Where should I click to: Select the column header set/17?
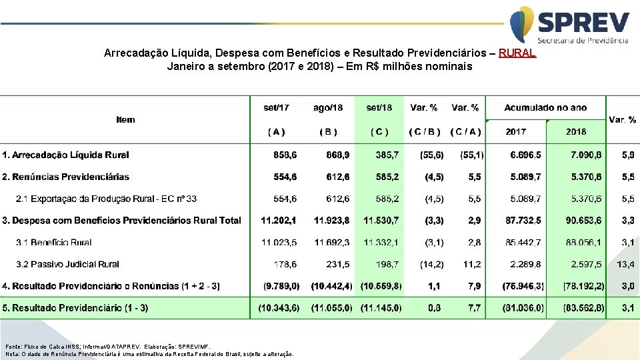276,107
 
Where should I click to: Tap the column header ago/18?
328,107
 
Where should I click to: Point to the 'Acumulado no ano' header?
545,107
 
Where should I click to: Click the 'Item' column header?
125,120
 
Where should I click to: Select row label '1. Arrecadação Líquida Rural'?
65,155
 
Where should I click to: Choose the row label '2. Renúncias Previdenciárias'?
65,177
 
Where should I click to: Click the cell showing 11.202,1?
279,220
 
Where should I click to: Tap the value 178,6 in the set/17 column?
285,264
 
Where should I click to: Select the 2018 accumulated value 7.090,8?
587,155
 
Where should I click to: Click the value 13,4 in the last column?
625,264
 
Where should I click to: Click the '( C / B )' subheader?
425,132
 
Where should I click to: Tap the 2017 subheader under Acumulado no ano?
515,132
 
